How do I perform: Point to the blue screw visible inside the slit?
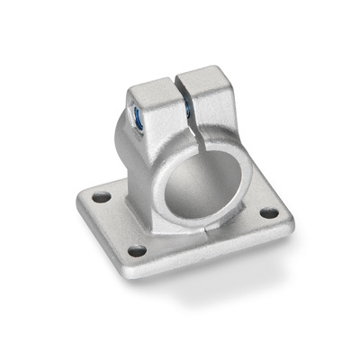coord(188,109)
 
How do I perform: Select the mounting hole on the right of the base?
coord(268,214)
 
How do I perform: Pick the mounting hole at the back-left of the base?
coord(101,196)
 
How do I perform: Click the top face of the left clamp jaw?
coord(152,90)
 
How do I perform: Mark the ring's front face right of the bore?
coord(230,180)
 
